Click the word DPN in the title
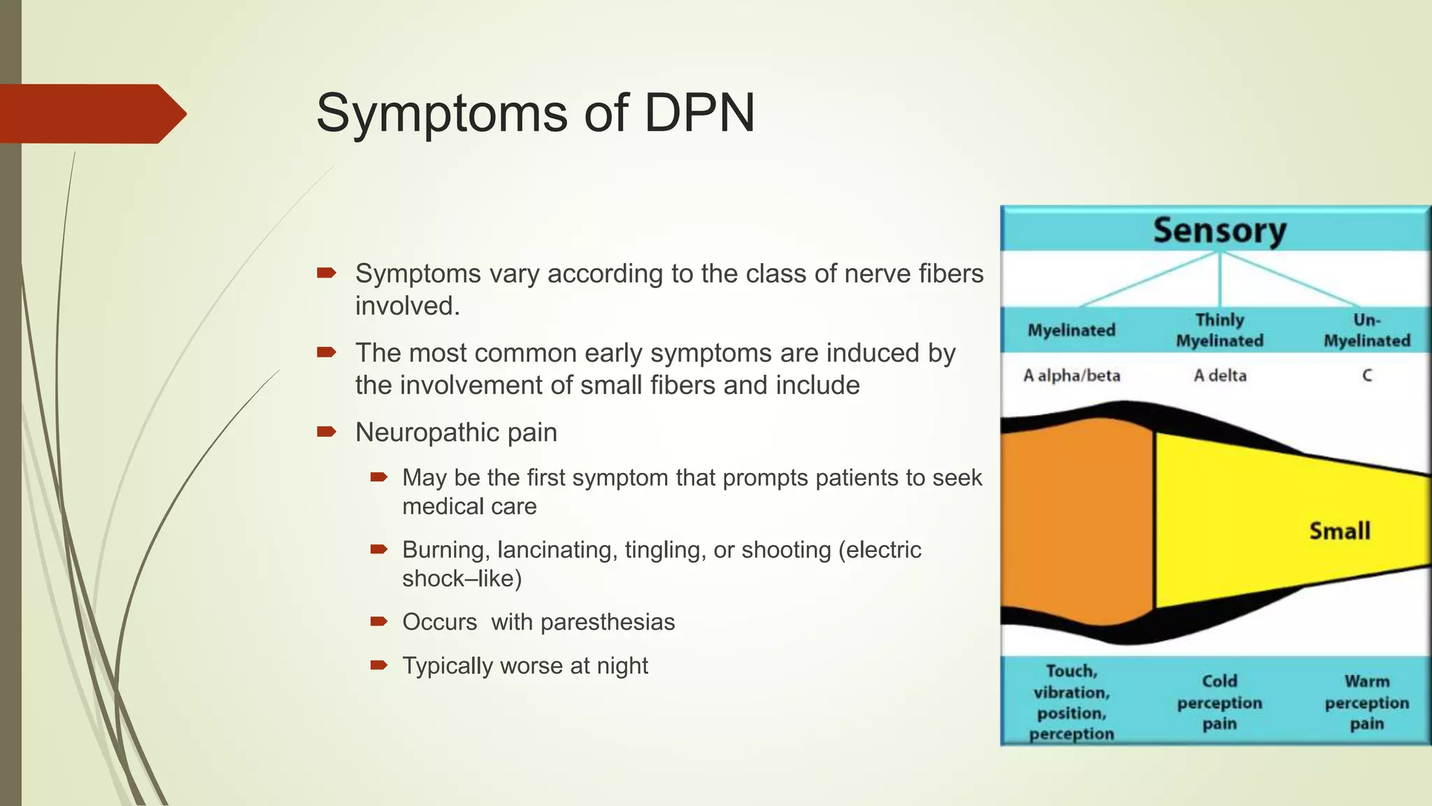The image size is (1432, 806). click(x=699, y=113)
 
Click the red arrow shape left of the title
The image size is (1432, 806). click(x=91, y=113)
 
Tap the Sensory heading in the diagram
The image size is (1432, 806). click(x=1219, y=230)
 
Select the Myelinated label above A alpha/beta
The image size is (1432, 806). click(x=1071, y=330)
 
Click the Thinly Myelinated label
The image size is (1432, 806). click(x=1219, y=330)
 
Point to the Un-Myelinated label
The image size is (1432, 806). click(x=1367, y=330)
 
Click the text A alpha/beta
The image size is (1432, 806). click(x=1071, y=376)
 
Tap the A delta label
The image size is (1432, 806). click(x=1219, y=376)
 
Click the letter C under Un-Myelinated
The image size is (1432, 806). click(x=1367, y=376)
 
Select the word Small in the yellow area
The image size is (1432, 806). click(x=1339, y=531)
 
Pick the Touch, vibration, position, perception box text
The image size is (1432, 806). click(x=1071, y=702)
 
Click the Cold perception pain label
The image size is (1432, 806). click(x=1219, y=702)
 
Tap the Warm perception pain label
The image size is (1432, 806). click(x=1367, y=702)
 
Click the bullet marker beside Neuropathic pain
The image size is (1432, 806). click(x=327, y=432)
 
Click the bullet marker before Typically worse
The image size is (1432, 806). click(x=378, y=665)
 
